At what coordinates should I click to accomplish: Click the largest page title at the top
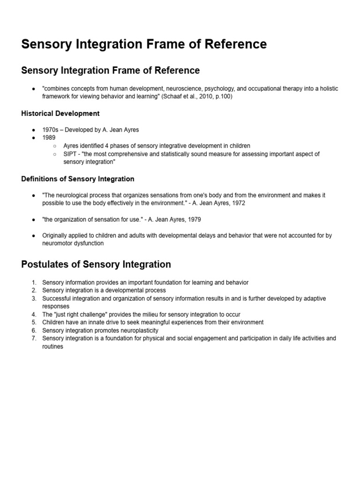144,45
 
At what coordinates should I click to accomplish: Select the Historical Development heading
60,113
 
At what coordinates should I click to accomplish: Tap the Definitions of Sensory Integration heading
78,179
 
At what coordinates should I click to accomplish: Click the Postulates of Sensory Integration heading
96,264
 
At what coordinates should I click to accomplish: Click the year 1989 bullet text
49,138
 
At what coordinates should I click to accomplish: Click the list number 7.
34,338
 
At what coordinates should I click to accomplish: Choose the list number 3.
34,299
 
